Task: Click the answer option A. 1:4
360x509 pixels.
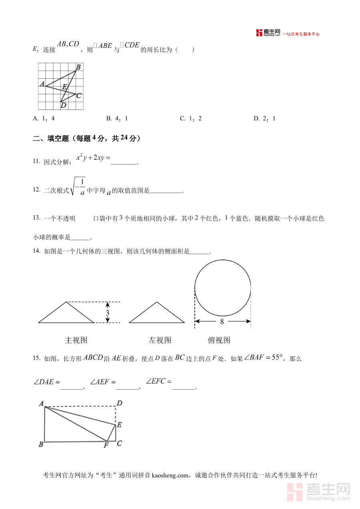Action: (x=44, y=118)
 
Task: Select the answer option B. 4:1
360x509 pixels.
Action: (x=117, y=118)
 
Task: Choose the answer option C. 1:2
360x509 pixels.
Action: (x=190, y=118)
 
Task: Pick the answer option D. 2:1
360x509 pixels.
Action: (x=264, y=118)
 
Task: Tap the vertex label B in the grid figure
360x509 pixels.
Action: (x=78, y=67)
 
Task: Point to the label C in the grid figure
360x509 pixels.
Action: (x=79, y=96)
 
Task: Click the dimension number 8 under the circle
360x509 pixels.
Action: (x=222, y=321)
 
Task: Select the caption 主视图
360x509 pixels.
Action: (x=76, y=340)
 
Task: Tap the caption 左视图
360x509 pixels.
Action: (x=160, y=340)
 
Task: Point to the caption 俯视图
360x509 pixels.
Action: (x=219, y=340)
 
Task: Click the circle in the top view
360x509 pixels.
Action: (x=222, y=288)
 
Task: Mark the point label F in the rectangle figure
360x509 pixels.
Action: (x=106, y=445)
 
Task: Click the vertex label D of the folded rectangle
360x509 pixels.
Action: (x=119, y=403)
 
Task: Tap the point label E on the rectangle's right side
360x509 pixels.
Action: (x=119, y=425)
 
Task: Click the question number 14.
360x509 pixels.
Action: (x=37, y=251)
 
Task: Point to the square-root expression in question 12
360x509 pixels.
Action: (x=78, y=187)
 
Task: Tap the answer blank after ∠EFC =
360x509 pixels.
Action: (x=184, y=387)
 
